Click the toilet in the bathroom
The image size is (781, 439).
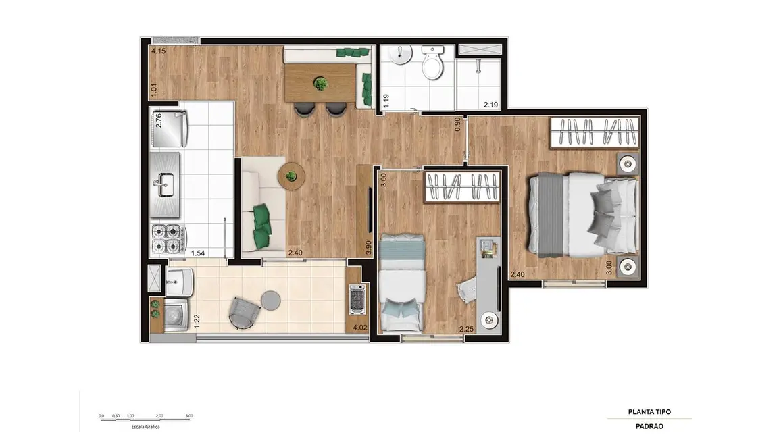pos(431,64)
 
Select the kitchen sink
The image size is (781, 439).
pos(165,182)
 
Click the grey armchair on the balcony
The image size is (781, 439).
pos(243,311)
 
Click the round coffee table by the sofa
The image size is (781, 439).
pos(291,176)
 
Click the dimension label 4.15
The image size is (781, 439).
pos(159,51)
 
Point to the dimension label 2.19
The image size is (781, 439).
pos(490,105)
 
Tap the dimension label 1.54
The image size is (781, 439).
pos(198,253)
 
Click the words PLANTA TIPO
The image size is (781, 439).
pos(649,412)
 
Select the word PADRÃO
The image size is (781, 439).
pos(649,426)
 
